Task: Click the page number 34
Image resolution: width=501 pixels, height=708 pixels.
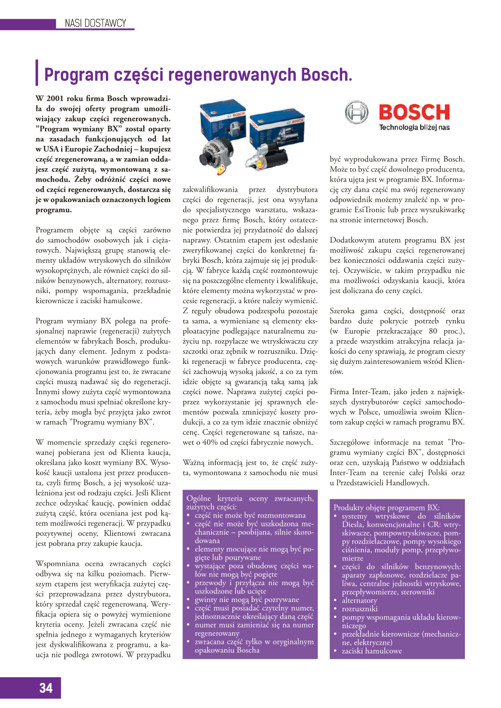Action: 46,688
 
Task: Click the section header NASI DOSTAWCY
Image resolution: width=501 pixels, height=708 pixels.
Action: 95,23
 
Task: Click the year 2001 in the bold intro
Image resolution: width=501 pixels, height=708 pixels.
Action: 55,98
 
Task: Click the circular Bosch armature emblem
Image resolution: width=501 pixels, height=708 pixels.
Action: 357,113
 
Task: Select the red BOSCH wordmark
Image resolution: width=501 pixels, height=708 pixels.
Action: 414,112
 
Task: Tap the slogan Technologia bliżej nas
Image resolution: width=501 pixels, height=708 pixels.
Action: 414,128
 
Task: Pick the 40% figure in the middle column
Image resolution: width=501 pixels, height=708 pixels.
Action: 209,442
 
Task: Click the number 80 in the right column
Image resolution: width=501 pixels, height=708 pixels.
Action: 433,331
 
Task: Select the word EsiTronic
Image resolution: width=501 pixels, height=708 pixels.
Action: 368,210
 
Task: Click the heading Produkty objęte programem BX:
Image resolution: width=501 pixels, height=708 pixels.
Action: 386,508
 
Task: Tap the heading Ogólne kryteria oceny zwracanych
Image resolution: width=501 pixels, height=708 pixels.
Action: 250,498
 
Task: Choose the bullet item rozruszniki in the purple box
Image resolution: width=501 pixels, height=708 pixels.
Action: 360,609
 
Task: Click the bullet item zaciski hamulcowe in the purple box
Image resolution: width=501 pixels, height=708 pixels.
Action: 372,651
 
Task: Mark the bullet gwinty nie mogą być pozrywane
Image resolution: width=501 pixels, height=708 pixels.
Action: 247,600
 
